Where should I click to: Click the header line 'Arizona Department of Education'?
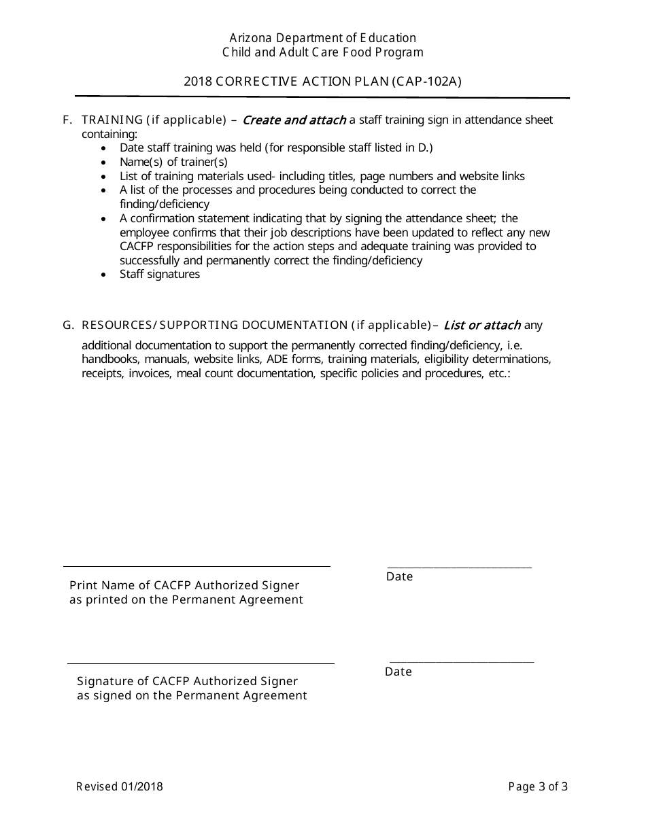pyautogui.click(x=322, y=38)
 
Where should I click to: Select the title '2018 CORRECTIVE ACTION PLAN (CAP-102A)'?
pyautogui.click(x=322, y=82)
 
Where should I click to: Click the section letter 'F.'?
pyautogui.click(x=67, y=120)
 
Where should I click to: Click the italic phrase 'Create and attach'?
pyautogui.click(x=294, y=120)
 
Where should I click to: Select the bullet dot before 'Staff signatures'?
pyautogui.click(x=103, y=275)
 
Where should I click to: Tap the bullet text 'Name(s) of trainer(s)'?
pyautogui.click(x=173, y=162)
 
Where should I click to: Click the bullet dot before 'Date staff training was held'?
pyautogui.click(x=103, y=148)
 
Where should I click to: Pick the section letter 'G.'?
pyautogui.click(x=68, y=325)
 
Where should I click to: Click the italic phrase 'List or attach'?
pyautogui.click(x=482, y=325)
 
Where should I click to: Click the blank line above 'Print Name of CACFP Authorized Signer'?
pyautogui.click(x=197, y=565)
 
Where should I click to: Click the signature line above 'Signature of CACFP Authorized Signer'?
pyautogui.click(x=201, y=663)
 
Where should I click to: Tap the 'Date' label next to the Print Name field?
pyautogui.click(x=400, y=576)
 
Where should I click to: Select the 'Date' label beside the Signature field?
pyautogui.click(x=398, y=672)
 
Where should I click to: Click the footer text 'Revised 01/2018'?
pyautogui.click(x=120, y=787)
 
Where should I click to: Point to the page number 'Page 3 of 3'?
pyautogui.click(x=538, y=787)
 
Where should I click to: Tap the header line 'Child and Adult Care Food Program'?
pyautogui.click(x=322, y=52)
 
